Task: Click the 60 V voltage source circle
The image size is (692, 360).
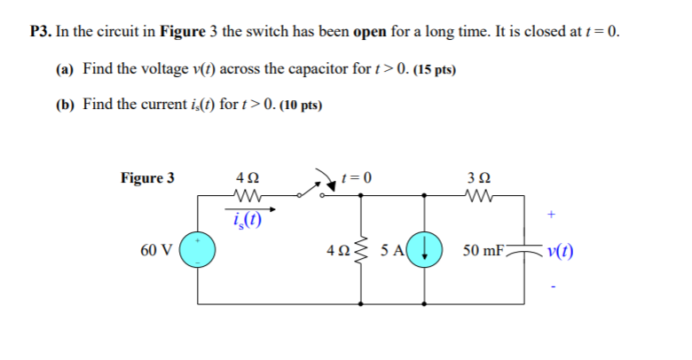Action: [x=197, y=251]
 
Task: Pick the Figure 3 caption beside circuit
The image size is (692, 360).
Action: [x=147, y=178]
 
